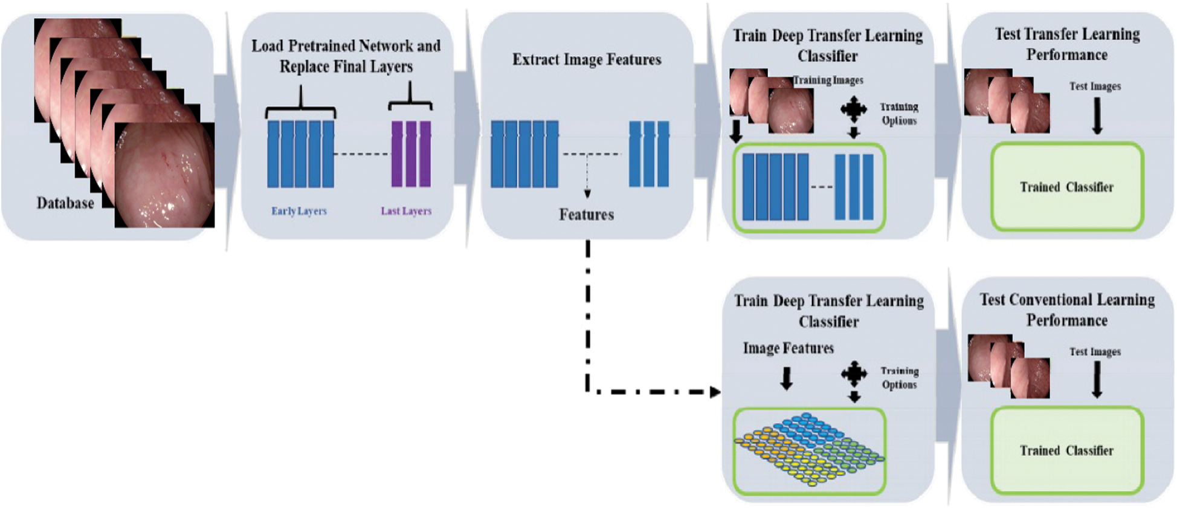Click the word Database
point(65,203)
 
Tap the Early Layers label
point(298,211)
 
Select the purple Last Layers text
point(406,211)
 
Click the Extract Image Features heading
point(587,59)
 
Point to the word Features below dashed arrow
point(586,215)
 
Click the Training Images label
point(828,80)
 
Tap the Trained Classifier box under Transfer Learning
point(1067,187)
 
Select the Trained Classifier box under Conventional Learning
point(1067,450)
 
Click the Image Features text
point(788,348)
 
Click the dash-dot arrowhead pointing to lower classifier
point(715,392)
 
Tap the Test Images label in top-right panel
point(1095,86)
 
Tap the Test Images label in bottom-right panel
point(1095,352)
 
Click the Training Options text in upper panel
point(899,114)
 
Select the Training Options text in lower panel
point(899,378)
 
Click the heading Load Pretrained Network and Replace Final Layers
point(346,56)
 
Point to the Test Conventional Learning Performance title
point(1067,310)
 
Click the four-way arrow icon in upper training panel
point(853,109)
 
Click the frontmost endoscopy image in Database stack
point(164,175)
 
